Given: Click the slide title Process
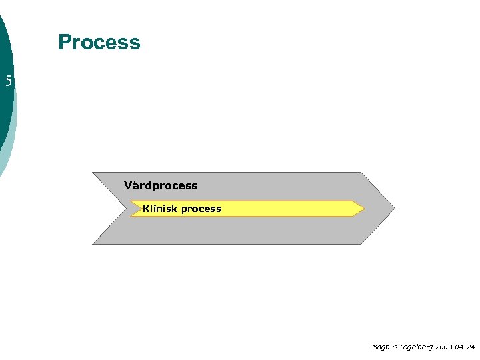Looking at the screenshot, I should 99,42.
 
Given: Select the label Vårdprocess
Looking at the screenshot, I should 161,185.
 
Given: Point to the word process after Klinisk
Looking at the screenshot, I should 201,209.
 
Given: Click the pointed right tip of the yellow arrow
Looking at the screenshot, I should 363,209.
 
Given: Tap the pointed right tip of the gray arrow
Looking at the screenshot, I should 394,208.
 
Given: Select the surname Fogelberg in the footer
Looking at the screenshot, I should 417,347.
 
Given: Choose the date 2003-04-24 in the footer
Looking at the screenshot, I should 455,347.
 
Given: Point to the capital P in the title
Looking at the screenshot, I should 65,42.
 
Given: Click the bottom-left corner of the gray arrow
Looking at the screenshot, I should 93,243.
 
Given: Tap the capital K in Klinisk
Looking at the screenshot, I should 146,209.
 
